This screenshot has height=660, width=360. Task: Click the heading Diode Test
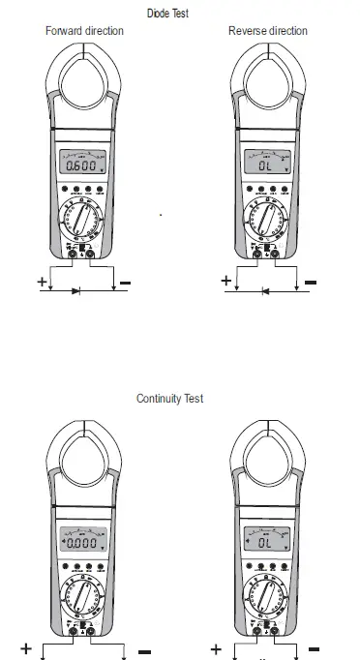tap(180, 13)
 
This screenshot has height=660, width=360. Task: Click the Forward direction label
tap(85, 31)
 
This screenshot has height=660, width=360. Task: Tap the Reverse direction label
tap(268, 31)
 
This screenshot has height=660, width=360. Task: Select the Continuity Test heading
tap(169, 399)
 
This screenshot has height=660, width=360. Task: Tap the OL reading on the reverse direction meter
tap(267, 166)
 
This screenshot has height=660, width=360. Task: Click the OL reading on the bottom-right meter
tap(267, 544)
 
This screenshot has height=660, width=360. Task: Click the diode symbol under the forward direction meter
tap(76, 288)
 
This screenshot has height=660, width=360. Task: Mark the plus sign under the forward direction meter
tap(42, 281)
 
